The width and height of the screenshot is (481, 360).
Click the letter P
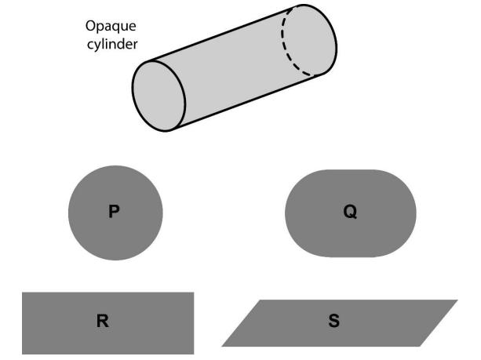coord(115,213)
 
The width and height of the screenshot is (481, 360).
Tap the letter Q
coord(350,213)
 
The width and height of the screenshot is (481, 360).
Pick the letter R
coord(102,322)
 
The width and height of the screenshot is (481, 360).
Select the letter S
coord(334,322)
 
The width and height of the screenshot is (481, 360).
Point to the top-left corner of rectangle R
coord(24,294)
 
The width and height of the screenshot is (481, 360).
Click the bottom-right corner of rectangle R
coord(192,352)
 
